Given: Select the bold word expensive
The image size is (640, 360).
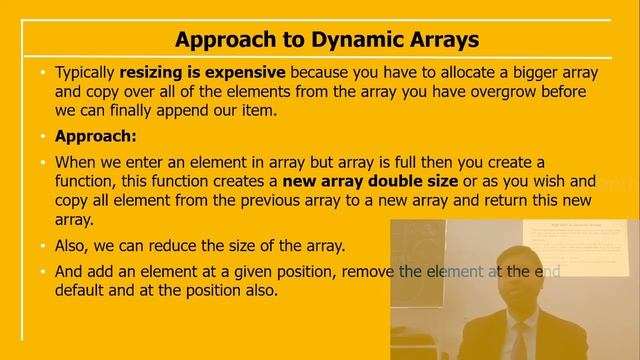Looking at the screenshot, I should (x=241, y=73).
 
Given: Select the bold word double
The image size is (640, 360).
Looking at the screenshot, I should (x=402, y=181).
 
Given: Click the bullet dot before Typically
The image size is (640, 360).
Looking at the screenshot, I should (x=43, y=73).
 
